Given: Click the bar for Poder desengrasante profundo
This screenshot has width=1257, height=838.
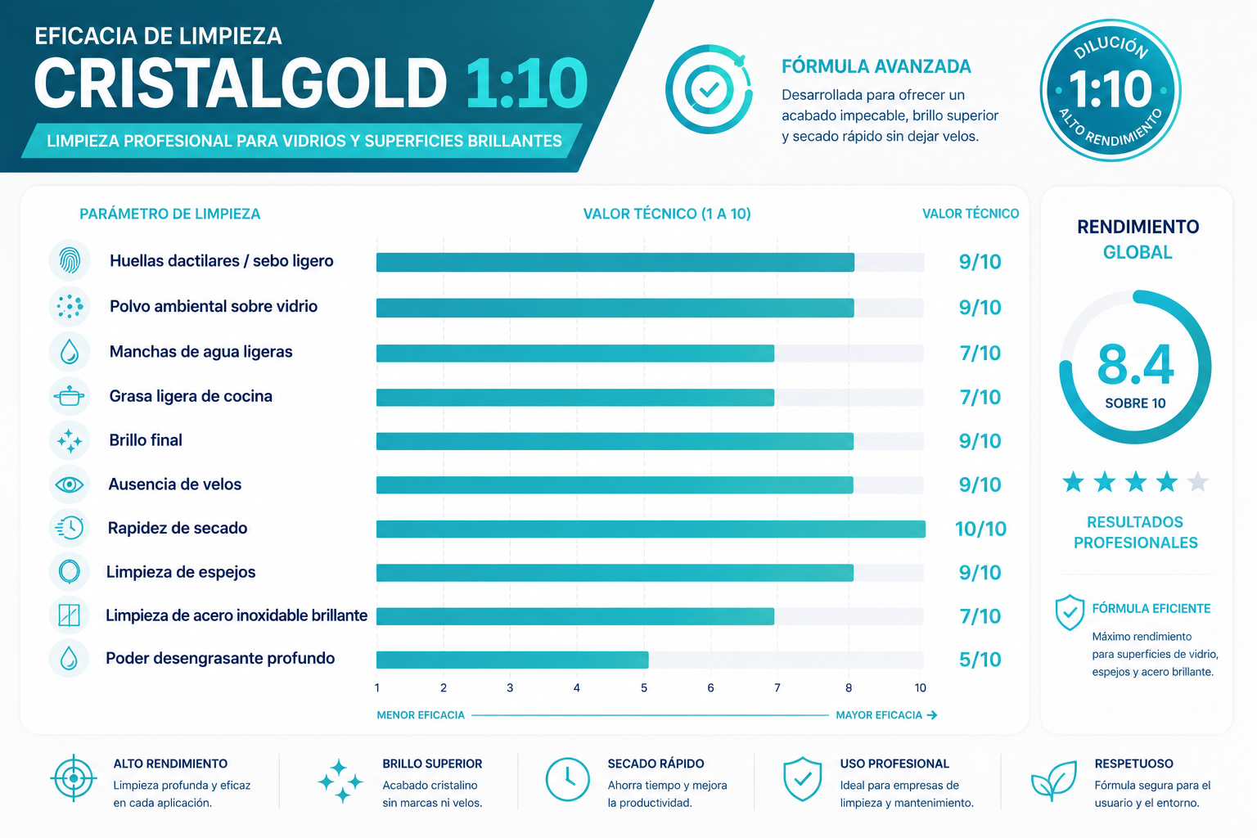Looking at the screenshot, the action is tap(512, 660).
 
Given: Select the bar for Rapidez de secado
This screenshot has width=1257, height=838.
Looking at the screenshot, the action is tap(651, 529).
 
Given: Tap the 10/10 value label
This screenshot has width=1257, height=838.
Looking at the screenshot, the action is tap(980, 529).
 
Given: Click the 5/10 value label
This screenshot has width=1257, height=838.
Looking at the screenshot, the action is tap(980, 660).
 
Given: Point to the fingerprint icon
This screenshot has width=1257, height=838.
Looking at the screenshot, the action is tap(70, 260).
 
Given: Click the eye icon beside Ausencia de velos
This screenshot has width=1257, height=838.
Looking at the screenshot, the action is tap(69, 484).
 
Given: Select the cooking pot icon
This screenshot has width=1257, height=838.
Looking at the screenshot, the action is tap(69, 396).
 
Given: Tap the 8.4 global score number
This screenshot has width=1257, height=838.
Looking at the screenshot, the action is tap(1135, 365).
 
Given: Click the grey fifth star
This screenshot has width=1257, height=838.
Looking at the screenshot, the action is tap(1198, 481).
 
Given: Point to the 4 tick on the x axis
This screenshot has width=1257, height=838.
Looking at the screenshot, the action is tap(576, 687).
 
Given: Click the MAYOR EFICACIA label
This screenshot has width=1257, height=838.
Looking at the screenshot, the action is tap(879, 715).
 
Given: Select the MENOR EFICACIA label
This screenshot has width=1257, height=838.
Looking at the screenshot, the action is tap(421, 715).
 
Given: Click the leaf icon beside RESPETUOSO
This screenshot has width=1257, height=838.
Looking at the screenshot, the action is tap(1054, 780).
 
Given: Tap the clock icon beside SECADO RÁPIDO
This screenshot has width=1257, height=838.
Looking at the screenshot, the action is tap(567, 780).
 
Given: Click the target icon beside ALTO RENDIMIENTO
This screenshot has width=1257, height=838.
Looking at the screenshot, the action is tap(74, 778).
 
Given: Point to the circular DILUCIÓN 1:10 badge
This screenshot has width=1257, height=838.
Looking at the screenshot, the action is tap(1111, 90).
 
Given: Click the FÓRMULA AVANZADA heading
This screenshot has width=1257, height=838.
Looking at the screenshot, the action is tap(876, 67).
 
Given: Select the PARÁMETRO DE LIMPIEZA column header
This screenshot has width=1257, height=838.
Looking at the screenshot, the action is tap(169, 214).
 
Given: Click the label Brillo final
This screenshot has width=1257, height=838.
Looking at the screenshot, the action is tap(146, 440).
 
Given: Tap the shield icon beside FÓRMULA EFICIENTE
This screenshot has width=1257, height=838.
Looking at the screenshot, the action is tap(1070, 612).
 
